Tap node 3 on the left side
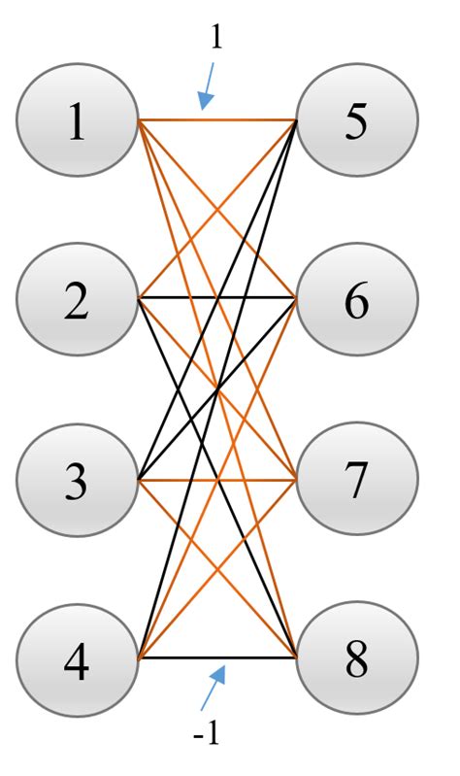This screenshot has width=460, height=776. coord(77,480)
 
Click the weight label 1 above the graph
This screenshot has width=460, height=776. coord(215,37)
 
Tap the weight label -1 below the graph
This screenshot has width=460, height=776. coord(207,734)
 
